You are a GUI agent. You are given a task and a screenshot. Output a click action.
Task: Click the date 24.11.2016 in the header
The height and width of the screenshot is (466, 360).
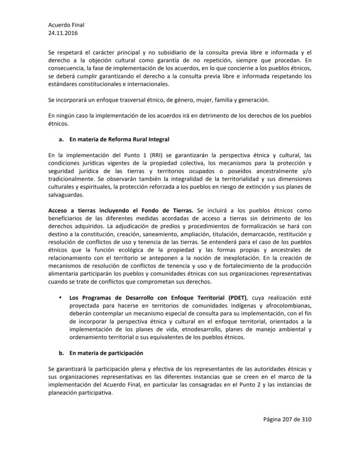tap(63, 33)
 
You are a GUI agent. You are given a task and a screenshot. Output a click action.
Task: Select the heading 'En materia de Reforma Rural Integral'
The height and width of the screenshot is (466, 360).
tap(119, 139)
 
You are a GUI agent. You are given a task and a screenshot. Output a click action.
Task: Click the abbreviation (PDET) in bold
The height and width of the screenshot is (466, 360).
tap(234, 298)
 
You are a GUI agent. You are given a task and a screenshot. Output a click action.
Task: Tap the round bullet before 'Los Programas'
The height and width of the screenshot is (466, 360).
tap(60, 298)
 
